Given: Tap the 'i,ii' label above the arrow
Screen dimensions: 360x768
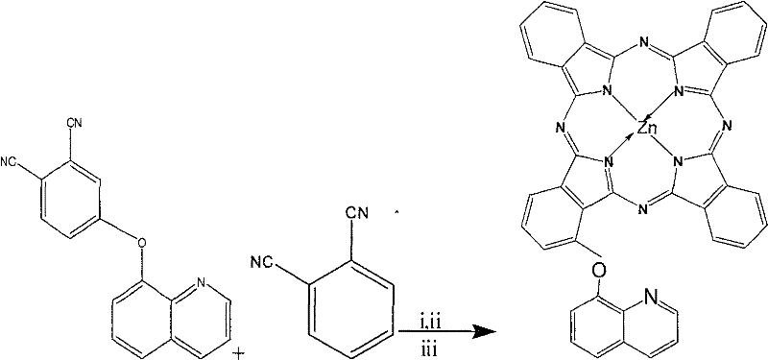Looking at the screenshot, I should point(431,319).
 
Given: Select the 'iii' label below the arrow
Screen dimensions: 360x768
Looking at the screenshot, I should point(431,343).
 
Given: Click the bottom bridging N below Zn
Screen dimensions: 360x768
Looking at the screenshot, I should point(636,205).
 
